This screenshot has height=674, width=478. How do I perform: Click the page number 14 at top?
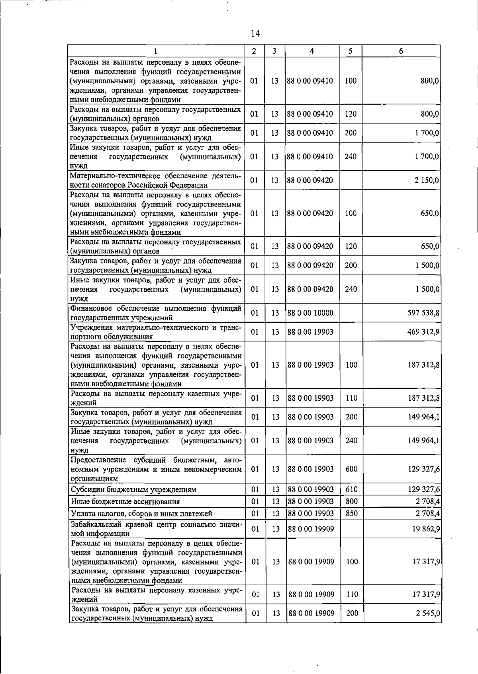(x=256, y=34)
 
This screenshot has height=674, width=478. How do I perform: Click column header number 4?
(x=311, y=51)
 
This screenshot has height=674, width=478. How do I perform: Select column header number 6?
(x=401, y=51)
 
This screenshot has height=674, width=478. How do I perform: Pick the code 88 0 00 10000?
(x=310, y=313)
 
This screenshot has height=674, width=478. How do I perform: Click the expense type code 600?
(x=351, y=469)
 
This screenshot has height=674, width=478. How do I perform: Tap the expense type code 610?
(x=351, y=489)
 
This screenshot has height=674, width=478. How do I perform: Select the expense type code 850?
(x=351, y=514)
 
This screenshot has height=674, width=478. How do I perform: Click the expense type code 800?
(x=351, y=502)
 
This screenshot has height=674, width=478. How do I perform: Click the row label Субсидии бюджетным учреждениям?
(x=133, y=490)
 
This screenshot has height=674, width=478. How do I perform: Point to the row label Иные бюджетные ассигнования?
(x=125, y=502)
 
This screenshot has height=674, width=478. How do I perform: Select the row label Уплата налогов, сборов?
(x=141, y=514)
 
